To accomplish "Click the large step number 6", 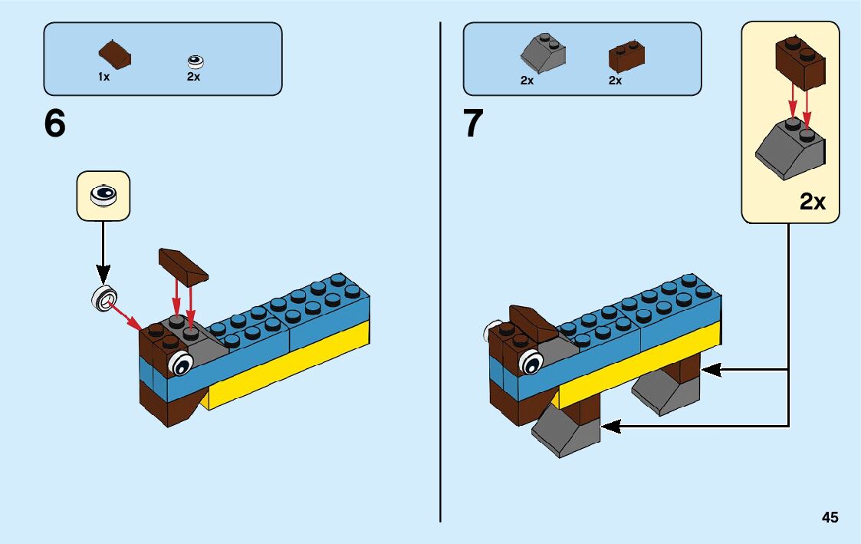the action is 55,124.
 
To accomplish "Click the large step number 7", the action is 474,124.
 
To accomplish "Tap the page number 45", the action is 830,518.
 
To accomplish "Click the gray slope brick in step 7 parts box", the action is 543,52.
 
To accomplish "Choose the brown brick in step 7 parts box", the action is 626,56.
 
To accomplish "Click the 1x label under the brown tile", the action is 104,77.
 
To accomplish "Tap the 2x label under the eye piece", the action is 193,77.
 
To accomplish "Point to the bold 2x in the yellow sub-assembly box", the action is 812,202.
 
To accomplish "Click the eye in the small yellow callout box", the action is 103,196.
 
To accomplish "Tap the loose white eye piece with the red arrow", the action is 104,297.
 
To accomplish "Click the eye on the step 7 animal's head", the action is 531,361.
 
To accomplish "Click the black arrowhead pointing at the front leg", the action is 612,425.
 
